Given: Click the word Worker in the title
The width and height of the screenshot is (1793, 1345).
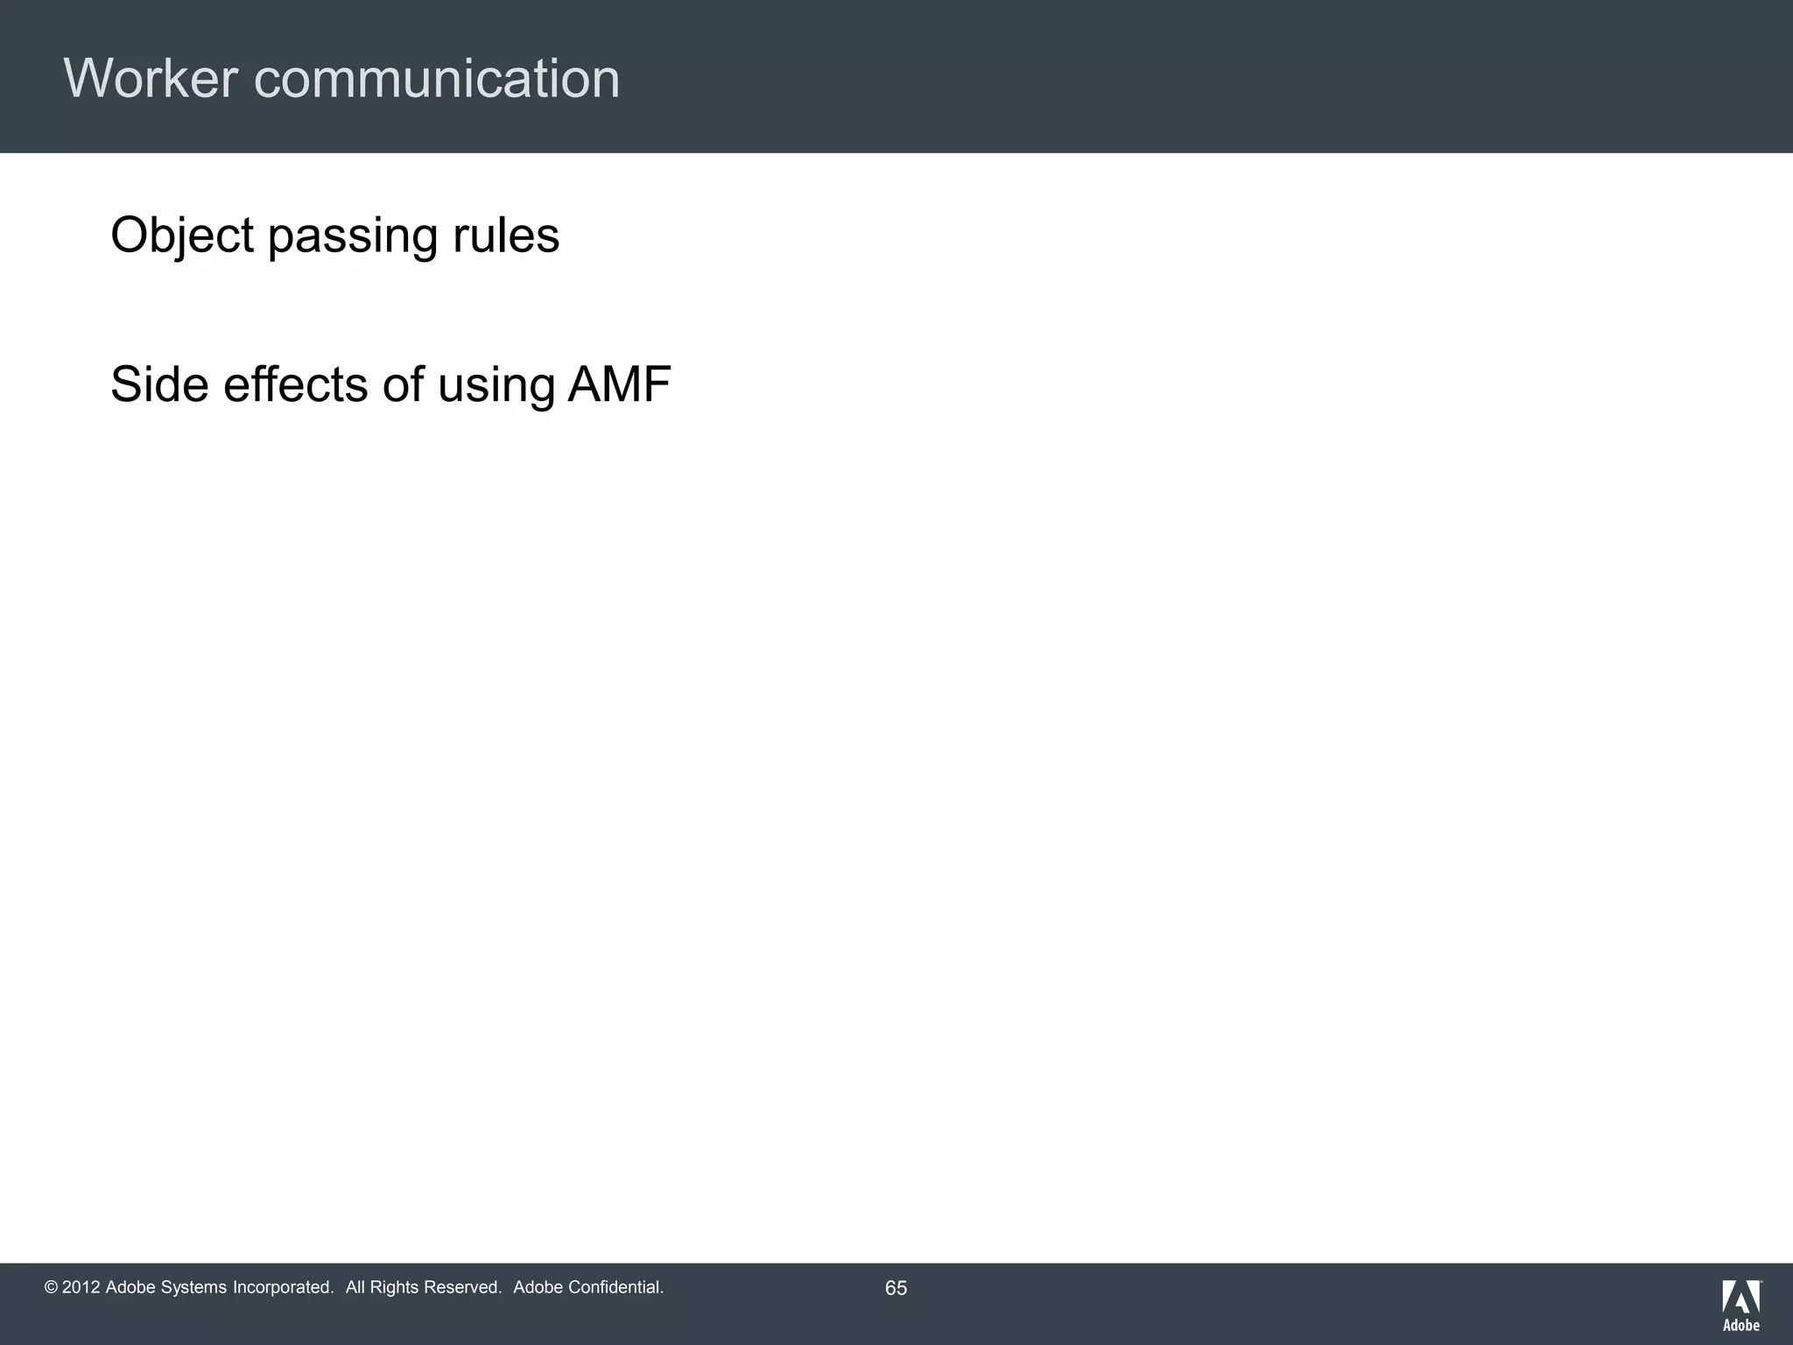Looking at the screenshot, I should point(151,79).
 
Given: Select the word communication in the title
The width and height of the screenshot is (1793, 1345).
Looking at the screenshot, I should point(437,79).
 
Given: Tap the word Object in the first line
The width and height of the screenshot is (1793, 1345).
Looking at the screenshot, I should point(182,236).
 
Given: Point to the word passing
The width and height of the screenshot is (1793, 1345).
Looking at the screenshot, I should point(352,236).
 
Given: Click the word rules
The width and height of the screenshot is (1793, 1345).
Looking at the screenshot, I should point(505,236).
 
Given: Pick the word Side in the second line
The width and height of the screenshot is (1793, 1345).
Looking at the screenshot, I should point(159,384).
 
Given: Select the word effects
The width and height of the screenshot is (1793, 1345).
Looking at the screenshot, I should point(296,384).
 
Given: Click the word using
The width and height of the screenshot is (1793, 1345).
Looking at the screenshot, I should point(496,386).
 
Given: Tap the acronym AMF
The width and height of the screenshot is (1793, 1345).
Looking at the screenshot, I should point(619,384).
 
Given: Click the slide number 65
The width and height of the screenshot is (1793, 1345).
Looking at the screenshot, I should point(896,1288).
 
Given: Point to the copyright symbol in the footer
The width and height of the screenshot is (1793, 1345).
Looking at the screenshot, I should point(51,1287).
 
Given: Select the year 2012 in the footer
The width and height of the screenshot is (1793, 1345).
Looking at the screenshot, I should point(81,1287).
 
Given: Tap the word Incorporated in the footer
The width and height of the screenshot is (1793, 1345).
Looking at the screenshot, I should point(283,1287).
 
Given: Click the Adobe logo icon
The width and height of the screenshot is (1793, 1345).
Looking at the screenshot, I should point(1741,1296).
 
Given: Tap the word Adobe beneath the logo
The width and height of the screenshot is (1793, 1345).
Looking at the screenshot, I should point(1741,1325).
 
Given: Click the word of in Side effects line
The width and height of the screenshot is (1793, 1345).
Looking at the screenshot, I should point(402,384).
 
